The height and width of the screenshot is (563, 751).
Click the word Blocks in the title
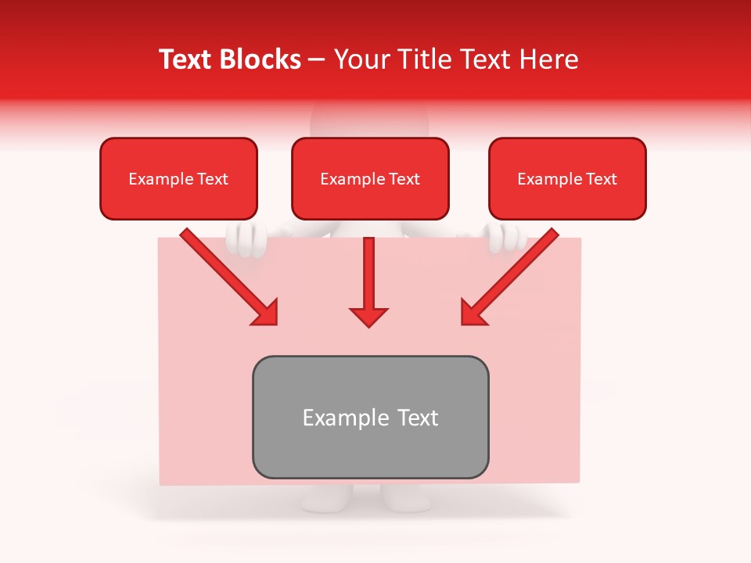261,59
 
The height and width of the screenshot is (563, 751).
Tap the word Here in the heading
548,59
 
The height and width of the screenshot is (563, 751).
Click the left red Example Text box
178,179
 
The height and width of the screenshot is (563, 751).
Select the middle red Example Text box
370,179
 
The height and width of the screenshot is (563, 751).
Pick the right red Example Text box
567,179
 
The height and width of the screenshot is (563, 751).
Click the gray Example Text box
370,417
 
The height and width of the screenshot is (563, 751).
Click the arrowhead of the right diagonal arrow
473,313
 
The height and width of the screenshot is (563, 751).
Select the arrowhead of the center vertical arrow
369,316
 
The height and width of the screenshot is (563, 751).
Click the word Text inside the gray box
418,418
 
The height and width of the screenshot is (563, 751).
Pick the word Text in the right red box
601,179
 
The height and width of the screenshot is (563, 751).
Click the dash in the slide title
317,60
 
